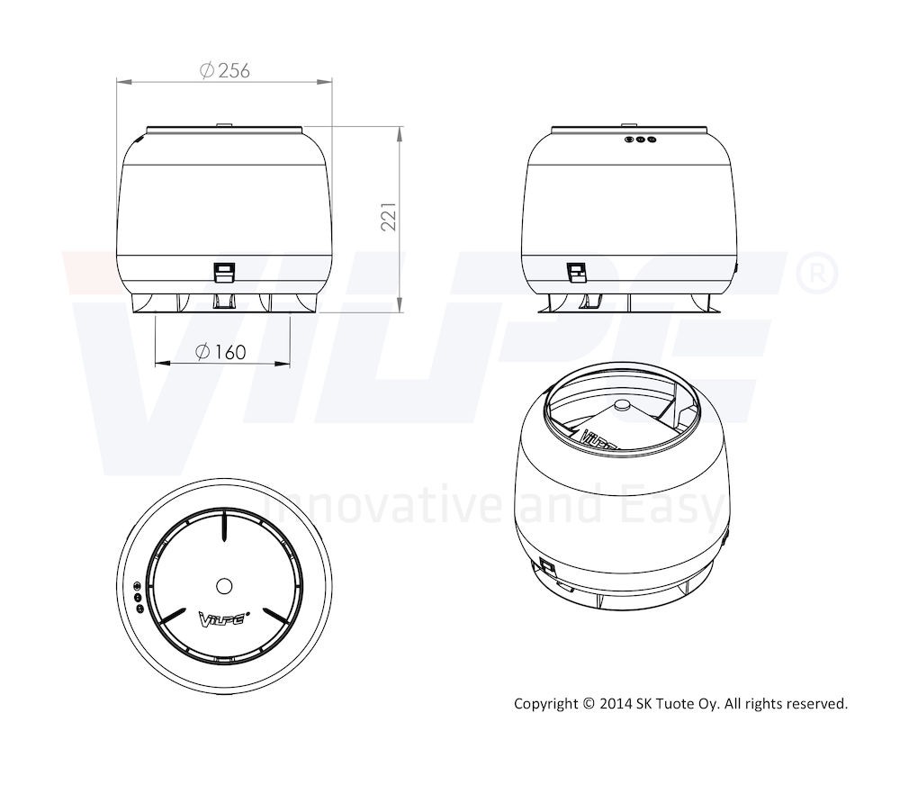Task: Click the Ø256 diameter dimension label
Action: pos(224,70)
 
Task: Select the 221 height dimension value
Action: pos(389,216)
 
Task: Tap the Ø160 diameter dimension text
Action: pos(221,351)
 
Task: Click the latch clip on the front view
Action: pos(224,273)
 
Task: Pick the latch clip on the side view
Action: pos(576,273)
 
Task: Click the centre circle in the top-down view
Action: pos(224,586)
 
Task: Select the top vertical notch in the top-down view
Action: pos(224,526)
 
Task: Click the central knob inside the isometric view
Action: pos(622,405)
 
